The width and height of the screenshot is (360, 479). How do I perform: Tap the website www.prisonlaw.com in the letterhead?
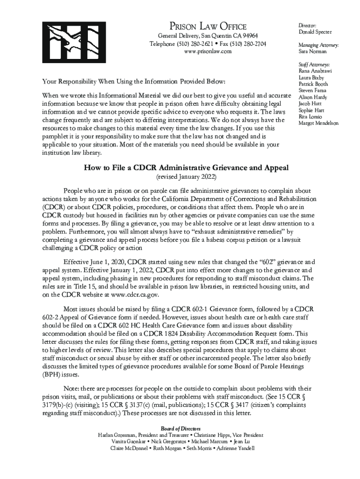(x=208, y=51)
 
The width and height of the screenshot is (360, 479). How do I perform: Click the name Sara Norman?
(x=312, y=51)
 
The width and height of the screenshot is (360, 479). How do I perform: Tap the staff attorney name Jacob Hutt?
(x=310, y=104)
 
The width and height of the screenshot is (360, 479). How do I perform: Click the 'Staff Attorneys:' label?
(x=314, y=64)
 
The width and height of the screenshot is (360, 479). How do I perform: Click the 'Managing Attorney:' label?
(x=318, y=45)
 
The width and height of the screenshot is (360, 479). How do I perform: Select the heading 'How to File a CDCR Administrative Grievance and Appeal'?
(x=186, y=168)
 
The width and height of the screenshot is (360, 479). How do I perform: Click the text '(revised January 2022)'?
(x=186, y=178)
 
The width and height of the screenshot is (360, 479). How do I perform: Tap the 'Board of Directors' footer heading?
(x=180, y=428)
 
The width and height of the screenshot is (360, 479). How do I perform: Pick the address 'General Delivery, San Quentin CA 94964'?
(x=208, y=36)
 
